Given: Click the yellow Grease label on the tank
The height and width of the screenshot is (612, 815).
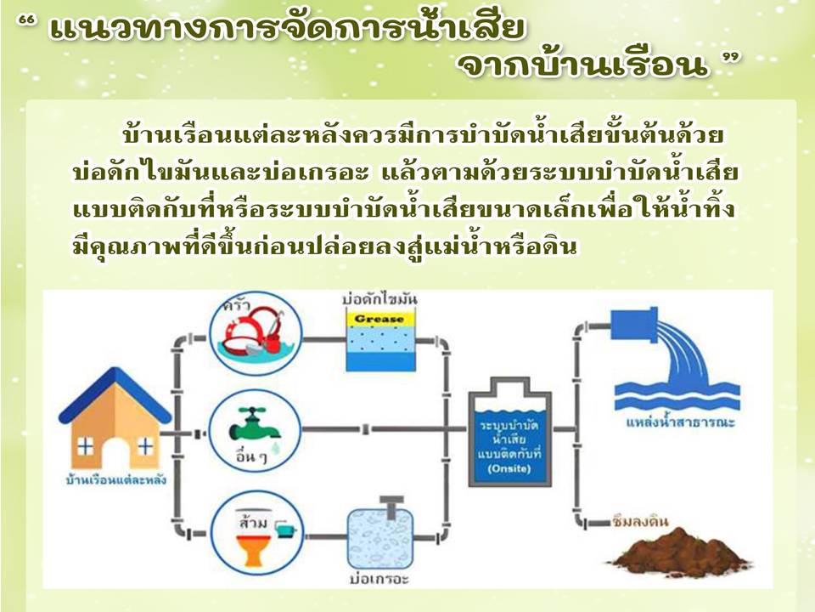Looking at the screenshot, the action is tap(380, 319).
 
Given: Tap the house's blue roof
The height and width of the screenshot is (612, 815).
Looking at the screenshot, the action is tap(115, 390).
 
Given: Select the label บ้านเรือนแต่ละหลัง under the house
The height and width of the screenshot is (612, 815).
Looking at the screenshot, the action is tap(116, 479).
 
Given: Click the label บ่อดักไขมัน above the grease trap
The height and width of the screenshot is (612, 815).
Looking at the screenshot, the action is tap(380, 300).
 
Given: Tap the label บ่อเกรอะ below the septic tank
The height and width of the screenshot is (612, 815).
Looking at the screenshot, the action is tap(379, 579).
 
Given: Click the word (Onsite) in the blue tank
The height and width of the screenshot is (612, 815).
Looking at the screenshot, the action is tap(509, 469).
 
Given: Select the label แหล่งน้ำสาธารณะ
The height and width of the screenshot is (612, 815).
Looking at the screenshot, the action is tap(680, 422).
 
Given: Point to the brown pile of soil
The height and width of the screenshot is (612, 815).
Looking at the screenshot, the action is tap(680, 552).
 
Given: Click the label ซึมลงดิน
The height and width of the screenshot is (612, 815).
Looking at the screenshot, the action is tap(640, 521).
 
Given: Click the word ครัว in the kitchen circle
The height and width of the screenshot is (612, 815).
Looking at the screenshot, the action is tap(237, 305).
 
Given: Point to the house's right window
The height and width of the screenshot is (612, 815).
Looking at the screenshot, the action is tap(145, 446).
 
